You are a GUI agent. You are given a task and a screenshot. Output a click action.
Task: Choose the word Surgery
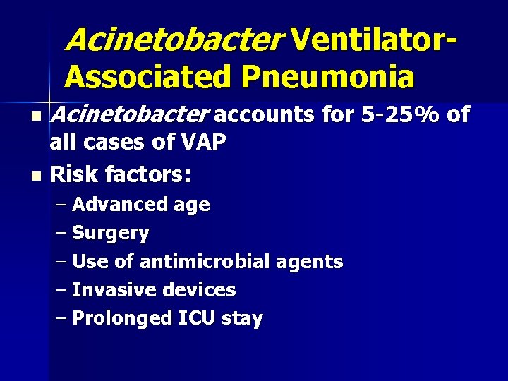point(111,233)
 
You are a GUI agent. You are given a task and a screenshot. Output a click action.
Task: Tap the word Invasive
point(115,290)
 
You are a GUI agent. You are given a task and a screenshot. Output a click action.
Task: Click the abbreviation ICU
point(198,318)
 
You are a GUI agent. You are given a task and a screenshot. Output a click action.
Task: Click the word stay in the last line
point(242,318)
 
